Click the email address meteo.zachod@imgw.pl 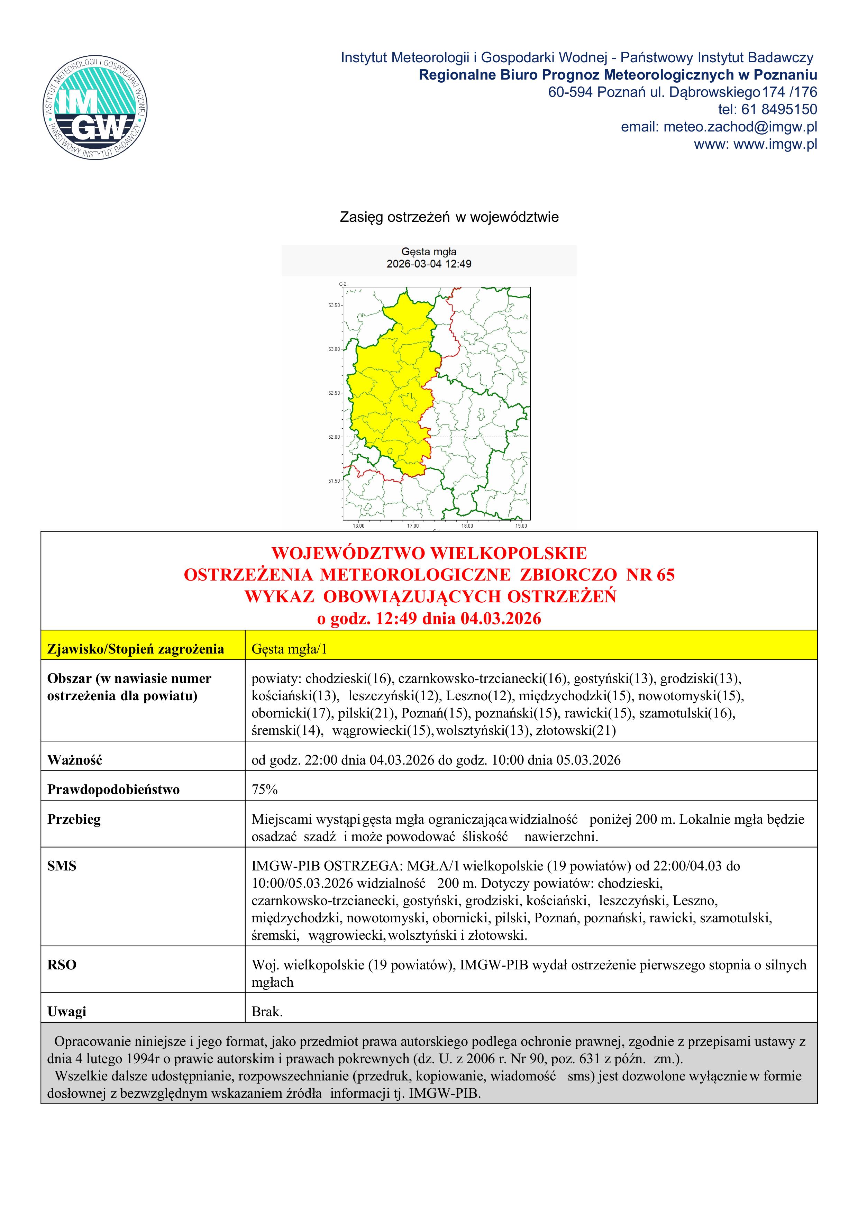[x=740, y=127]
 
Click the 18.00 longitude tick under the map [x=467, y=526]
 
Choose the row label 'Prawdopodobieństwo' [x=113, y=789]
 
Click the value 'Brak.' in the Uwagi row [x=267, y=1012]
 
